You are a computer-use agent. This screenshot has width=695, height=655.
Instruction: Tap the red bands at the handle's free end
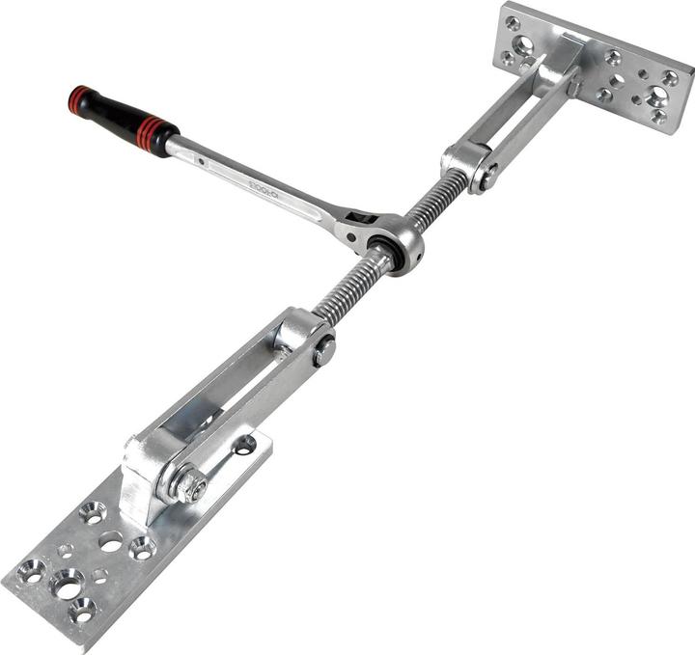tap(78, 98)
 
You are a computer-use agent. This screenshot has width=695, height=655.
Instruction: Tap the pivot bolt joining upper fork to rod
tap(488, 176)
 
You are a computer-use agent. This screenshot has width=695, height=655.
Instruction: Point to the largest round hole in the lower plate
tap(68, 582)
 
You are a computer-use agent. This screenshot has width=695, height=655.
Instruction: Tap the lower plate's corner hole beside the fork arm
tap(245, 445)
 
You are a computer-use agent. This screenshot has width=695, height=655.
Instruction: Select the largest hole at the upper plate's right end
tap(657, 96)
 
